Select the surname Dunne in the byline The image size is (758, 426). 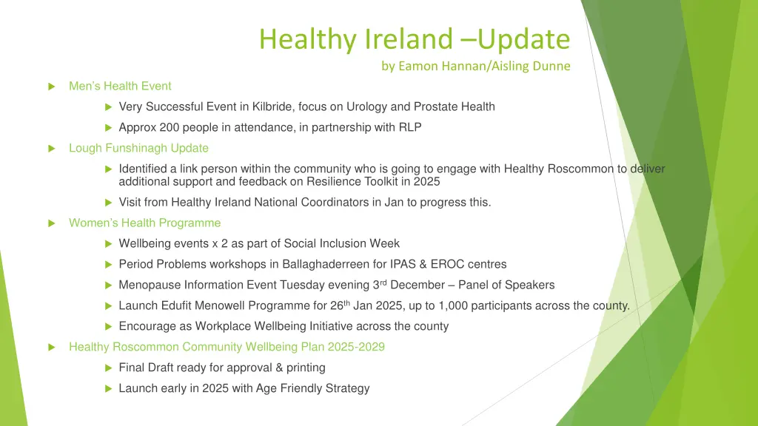pyautogui.click(x=552, y=66)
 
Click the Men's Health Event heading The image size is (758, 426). pyautogui.click(x=120, y=86)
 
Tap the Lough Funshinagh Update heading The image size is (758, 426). pyautogui.click(x=138, y=148)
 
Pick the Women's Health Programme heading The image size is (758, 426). pyautogui.click(x=144, y=223)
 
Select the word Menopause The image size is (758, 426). pyautogui.click(x=146, y=285)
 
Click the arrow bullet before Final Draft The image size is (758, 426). pyautogui.click(x=108, y=368)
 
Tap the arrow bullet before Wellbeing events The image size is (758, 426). pyautogui.click(x=108, y=243)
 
